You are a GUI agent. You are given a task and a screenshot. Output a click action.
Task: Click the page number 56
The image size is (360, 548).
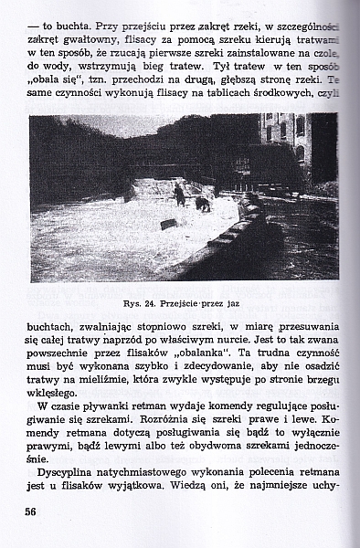(29, 513)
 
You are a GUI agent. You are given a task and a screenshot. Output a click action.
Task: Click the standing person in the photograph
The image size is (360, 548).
(179, 193)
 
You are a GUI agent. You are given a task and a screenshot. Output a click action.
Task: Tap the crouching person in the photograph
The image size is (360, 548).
(202, 203)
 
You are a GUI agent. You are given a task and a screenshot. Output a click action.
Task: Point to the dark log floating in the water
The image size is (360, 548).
(168, 224)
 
